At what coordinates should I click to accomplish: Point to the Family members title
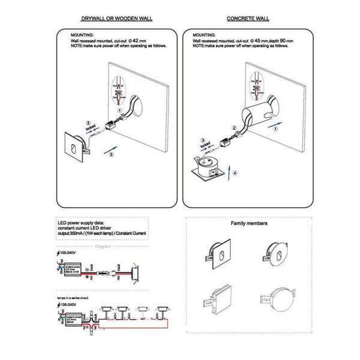tap(249, 223)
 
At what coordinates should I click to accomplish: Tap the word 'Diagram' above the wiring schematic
tap(104, 245)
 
